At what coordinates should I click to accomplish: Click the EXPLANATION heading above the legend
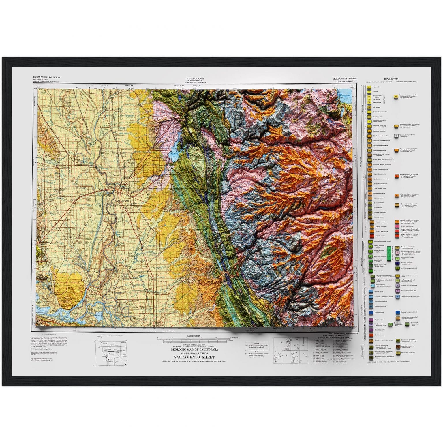tap(391, 79)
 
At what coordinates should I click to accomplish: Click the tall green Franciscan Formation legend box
tap(390, 254)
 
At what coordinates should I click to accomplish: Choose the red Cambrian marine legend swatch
tap(369, 335)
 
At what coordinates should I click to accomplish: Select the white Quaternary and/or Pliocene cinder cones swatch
tap(397, 135)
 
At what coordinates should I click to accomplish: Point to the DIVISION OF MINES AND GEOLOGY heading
tap(47, 78)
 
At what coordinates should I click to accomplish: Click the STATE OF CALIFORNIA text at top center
tap(195, 78)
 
